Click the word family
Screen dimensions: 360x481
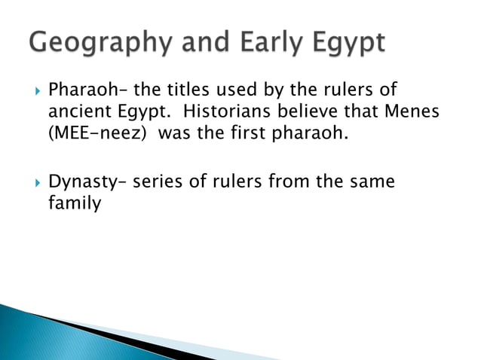73,203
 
